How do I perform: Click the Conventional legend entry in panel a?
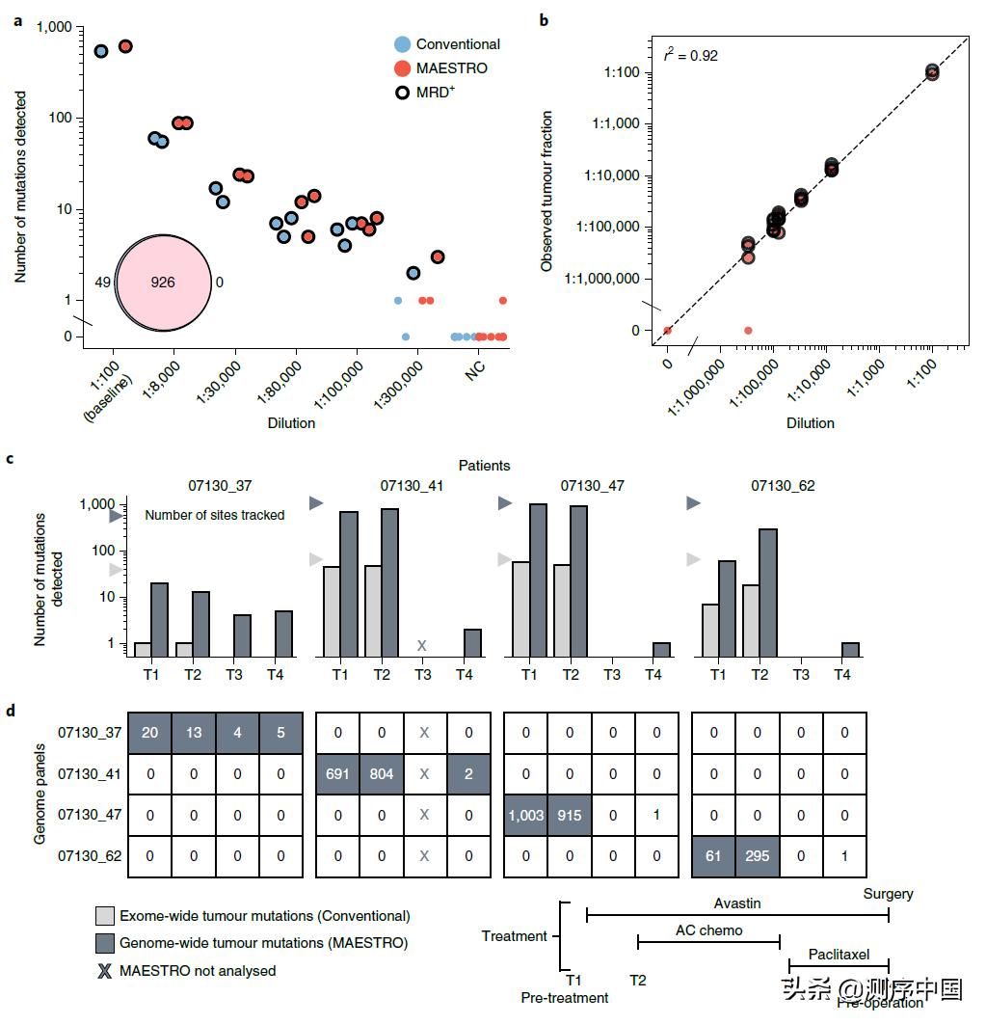tap(457, 44)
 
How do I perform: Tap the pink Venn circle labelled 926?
tap(164, 283)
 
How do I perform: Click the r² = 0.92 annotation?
tap(691, 56)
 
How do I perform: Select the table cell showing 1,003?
tap(526, 816)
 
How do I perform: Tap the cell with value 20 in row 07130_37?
tap(149, 733)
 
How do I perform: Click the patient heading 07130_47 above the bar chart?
tap(593, 486)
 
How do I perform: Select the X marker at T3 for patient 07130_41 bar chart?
tap(420, 645)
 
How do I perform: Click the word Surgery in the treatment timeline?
tap(889, 894)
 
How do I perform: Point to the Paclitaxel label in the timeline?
tap(839, 955)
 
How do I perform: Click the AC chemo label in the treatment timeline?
tap(708, 931)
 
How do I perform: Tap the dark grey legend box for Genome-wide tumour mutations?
tap(105, 942)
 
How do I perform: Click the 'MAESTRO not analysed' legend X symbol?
tap(104, 970)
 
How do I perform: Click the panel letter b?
tap(545, 20)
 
